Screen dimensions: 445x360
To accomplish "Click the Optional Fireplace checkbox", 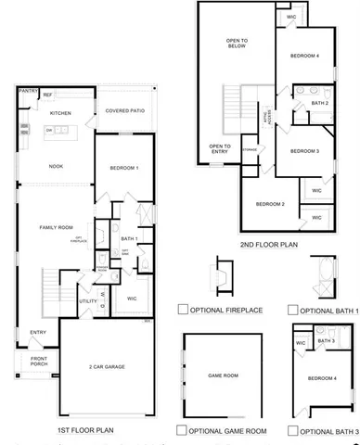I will (183, 310).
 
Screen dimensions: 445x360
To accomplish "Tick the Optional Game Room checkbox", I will (181, 431).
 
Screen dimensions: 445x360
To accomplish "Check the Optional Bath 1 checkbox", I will (292, 310).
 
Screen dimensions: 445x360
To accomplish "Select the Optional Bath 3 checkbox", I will (292, 431).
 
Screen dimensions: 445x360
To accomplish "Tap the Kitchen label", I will (59, 113).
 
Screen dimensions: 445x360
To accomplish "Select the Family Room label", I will (55, 226).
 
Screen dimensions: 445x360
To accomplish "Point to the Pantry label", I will (27, 91).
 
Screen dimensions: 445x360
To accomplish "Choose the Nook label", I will (55, 167).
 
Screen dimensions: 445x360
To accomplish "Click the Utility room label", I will (87, 301).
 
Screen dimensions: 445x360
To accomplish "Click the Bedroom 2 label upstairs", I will (269, 204).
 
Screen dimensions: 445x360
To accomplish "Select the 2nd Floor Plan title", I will (269, 246).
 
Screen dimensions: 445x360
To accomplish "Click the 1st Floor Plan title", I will (84, 431).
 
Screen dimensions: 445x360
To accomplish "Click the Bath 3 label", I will (326, 341).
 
